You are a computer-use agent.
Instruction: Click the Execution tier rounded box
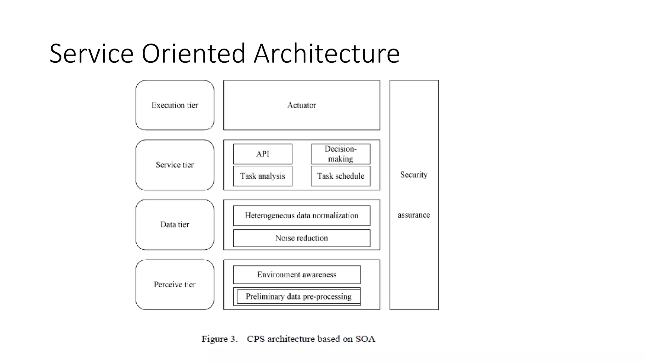click(175, 105)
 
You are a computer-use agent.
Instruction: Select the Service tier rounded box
click(175, 165)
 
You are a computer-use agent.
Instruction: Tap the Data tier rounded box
click(175, 225)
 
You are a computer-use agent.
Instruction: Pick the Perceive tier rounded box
click(175, 285)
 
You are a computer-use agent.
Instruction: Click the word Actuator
click(301, 105)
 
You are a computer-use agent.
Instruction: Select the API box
click(263, 154)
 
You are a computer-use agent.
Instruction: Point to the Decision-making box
click(341, 154)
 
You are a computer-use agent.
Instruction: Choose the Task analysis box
click(263, 176)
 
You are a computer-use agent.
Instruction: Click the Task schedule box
click(341, 176)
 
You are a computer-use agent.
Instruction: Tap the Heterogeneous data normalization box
click(301, 216)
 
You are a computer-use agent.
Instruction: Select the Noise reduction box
click(301, 238)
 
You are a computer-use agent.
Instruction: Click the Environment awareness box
click(297, 274)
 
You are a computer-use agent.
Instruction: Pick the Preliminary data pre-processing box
click(298, 297)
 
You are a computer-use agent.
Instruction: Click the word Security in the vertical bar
click(414, 175)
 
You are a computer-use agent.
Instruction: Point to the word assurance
click(414, 215)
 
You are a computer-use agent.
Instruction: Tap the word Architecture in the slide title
click(327, 54)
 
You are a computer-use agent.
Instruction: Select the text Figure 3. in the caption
click(219, 339)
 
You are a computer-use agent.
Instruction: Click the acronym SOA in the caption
click(365, 339)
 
